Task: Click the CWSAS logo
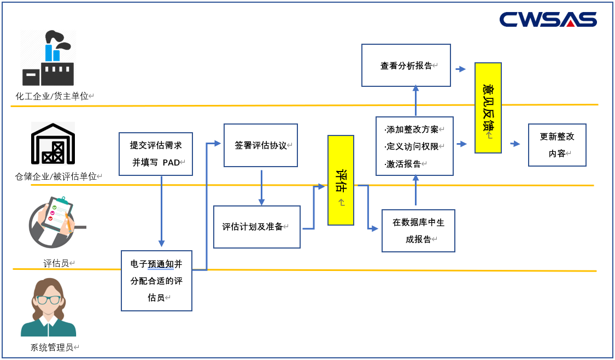click(548, 20)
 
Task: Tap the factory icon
click(48, 59)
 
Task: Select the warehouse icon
click(52, 144)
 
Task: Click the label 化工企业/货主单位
click(52, 96)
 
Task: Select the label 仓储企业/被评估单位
click(56, 176)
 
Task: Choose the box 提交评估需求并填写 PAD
click(156, 154)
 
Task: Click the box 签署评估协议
click(261, 145)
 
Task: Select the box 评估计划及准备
click(257, 227)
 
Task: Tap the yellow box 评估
click(341, 180)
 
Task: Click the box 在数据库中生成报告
click(418, 231)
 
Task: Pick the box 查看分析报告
click(406, 66)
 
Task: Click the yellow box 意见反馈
click(488, 108)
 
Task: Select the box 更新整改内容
click(557, 145)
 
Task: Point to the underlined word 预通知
click(161, 264)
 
